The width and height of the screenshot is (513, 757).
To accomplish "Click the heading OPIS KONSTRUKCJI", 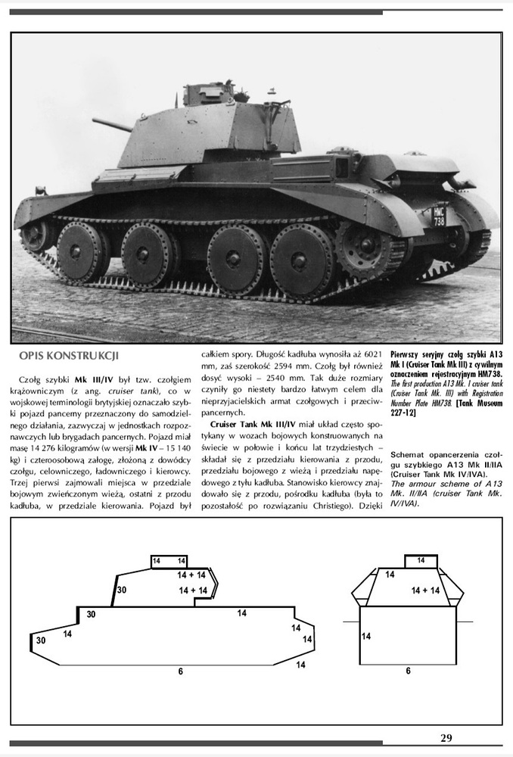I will (x=68, y=355).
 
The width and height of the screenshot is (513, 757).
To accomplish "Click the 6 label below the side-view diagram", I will (x=180, y=671).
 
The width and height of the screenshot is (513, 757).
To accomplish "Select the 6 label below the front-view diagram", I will (x=408, y=671).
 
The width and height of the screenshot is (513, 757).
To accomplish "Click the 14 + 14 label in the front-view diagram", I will (x=425, y=590).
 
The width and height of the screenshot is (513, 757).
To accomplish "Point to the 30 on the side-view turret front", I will (x=121, y=590).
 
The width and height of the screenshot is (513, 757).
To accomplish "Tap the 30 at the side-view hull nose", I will (x=40, y=640).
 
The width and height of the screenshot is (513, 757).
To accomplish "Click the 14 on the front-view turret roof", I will (x=421, y=561).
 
